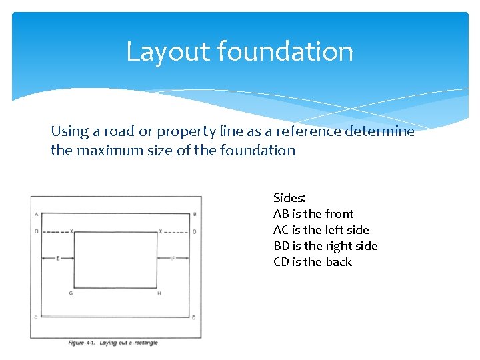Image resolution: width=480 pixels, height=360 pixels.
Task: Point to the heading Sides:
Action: pyautogui.click(x=289, y=198)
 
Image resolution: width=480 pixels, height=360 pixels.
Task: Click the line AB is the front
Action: pyautogui.click(x=313, y=214)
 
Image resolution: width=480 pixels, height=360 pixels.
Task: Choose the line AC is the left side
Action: pyautogui.click(x=321, y=230)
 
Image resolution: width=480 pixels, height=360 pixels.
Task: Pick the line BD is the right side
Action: pyautogui.click(x=325, y=246)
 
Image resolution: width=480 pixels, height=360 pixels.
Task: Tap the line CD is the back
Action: pyautogui.click(x=312, y=262)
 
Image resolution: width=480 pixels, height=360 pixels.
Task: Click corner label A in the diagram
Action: pyautogui.click(x=35, y=214)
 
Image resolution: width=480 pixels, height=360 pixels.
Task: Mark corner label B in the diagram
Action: pyautogui.click(x=194, y=214)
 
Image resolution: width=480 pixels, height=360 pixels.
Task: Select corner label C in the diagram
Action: pyautogui.click(x=35, y=317)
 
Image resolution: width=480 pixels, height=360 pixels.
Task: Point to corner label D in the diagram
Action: pyautogui.click(x=194, y=317)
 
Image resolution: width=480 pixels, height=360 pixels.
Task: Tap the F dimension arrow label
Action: pyautogui.click(x=173, y=258)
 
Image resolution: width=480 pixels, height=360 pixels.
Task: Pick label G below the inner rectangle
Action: pyautogui.click(x=72, y=293)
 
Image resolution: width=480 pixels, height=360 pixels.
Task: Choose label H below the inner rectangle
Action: pyautogui.click(x=159, y=293)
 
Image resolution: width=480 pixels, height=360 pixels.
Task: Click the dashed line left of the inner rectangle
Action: pyautogui.click(x=53, y=232)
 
